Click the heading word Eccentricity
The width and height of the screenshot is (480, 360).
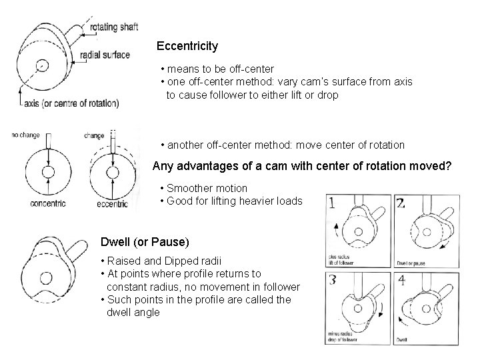tap(187, 46)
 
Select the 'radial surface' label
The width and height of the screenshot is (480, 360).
tap(105, 55)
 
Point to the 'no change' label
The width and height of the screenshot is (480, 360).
tap(26, 135)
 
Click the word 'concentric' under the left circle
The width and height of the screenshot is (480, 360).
tap(47, 203)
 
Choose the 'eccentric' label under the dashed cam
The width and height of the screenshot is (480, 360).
tap(111, 203)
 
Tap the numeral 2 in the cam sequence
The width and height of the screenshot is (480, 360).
tap(400, 203)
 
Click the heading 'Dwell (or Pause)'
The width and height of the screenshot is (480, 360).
tap(145, 241)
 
